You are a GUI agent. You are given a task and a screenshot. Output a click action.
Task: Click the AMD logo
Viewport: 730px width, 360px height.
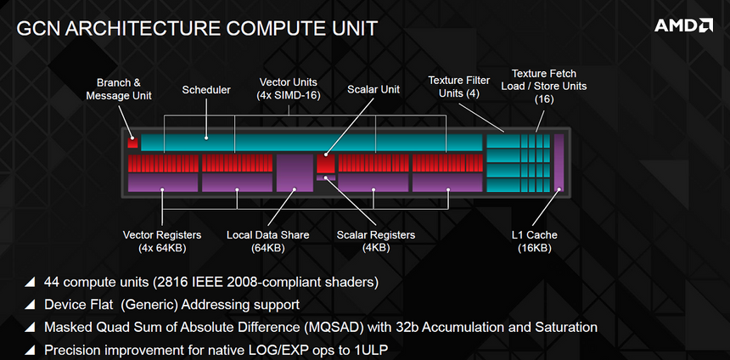(682, 25)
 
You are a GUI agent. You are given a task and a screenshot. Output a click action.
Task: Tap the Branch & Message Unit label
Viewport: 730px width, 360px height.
(119, 89)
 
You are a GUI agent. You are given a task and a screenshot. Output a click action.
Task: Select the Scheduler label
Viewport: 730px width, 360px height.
(206, 90)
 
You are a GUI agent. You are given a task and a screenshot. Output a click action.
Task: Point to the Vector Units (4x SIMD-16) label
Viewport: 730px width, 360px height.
(289, 88)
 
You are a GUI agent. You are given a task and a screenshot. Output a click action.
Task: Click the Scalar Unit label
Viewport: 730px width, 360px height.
(373, 89)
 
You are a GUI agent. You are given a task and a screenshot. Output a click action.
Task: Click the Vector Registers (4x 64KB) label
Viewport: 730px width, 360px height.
(162, 241)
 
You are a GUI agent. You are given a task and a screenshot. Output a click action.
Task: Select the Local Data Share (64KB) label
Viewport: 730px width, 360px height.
(267, 241)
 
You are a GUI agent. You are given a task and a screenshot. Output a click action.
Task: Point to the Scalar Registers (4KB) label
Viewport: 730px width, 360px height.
(375, 241)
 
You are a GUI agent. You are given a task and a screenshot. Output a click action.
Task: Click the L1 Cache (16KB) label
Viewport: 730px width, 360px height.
(535, 241)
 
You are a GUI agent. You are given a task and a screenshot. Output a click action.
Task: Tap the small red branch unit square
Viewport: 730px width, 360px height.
(132, 142)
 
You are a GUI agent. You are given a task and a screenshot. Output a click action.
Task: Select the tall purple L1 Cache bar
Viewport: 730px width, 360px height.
(559, 161)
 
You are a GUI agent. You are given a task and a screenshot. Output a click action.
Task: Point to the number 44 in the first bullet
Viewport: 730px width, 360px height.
(53, 281)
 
